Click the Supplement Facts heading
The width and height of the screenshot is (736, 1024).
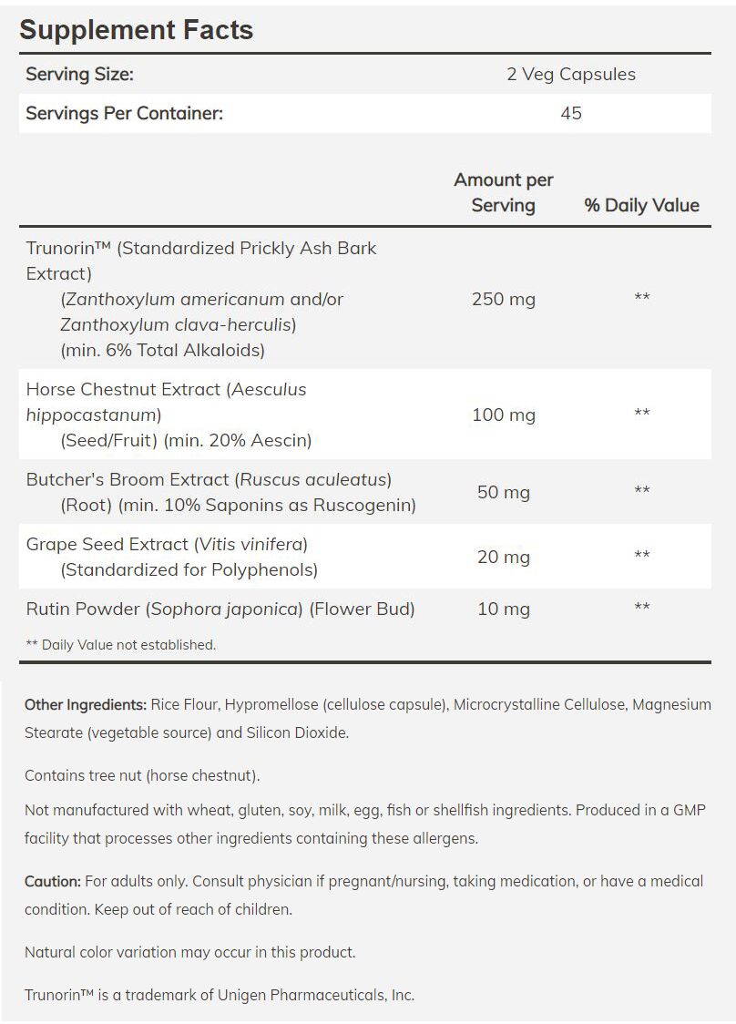(136, 30)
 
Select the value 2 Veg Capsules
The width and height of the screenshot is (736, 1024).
(571, 75)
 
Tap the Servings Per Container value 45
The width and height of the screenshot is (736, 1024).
(571, 113)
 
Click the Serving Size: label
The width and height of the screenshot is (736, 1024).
(79, 75)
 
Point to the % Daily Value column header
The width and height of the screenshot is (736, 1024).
(641, 206)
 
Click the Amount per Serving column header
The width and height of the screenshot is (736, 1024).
(503, 192)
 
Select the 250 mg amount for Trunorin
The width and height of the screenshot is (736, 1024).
(503, 299)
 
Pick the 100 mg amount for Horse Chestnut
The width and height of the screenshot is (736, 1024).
(503, 415)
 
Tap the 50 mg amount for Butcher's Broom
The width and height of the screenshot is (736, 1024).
(503, 492)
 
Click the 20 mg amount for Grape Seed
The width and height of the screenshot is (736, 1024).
(503, 557)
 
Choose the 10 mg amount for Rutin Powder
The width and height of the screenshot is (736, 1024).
(503, 609)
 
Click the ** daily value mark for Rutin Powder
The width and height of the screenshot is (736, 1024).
(641, 608)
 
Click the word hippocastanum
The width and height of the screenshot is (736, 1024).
(92, 415)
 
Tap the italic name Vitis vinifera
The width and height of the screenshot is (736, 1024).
(250, 545)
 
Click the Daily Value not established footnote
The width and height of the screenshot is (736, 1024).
(120, 645)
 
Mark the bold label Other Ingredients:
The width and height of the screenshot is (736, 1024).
(86, 705)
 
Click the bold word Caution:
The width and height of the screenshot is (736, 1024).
(53, 882)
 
